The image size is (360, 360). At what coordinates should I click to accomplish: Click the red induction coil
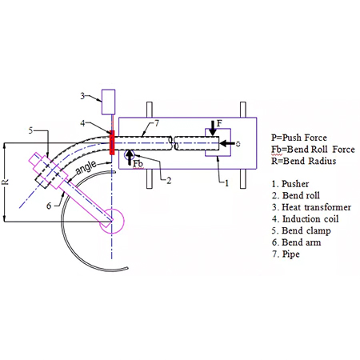(x=112, y=142)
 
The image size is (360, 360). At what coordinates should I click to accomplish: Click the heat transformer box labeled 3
(x=109, y=102)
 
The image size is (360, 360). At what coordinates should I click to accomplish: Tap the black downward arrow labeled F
(x=213, y=128)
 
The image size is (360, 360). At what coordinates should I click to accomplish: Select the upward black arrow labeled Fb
(x=130, y=158)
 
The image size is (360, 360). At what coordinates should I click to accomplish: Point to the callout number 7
(x=157, y=123)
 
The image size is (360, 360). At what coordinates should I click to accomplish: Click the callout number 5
(x=31, y=130)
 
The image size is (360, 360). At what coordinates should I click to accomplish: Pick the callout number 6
(x=49, y=206)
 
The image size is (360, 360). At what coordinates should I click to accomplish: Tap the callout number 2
(x=169, y=181)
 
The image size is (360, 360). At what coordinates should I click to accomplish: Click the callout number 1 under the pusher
(x=226, y=183)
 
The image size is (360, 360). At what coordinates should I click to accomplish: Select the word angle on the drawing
(x=86, y=167)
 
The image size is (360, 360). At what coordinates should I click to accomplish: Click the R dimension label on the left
(x=6, y=182)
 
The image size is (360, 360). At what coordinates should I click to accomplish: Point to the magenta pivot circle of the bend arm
(x=112, y=221)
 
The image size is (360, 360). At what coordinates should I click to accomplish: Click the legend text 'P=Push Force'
(x=299, y=138)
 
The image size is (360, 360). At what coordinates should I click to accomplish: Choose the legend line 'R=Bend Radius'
(x=304, y=161)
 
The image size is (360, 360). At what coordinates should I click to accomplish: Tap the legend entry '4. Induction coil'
(x=305, y=219)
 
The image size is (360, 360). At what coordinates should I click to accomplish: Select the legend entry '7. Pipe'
(x=286, y=254)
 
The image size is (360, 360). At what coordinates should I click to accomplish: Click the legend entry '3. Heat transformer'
(x=311, y=207)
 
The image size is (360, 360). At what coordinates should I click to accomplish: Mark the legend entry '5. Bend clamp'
(x=302, y=230)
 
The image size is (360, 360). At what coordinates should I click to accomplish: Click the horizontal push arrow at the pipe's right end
(x=227, y=143)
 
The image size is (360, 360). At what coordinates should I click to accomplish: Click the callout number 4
(x=83, y=123)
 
